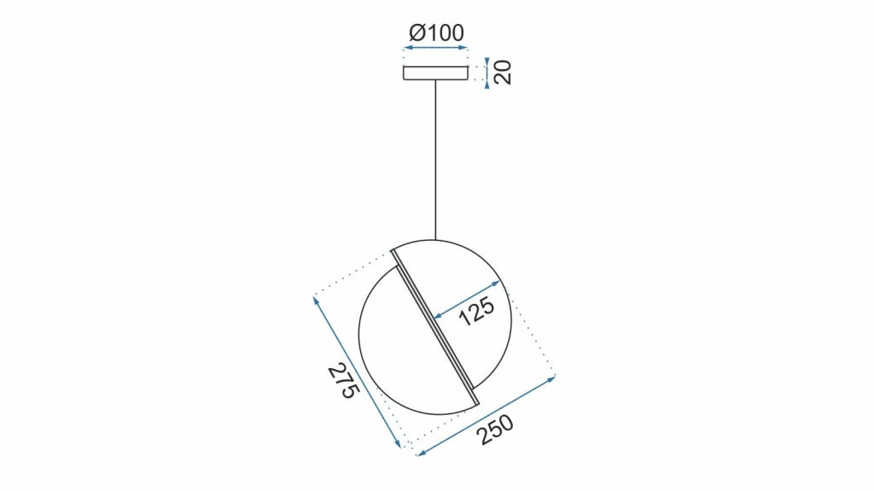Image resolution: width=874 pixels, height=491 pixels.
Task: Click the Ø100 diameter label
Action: [436, 33]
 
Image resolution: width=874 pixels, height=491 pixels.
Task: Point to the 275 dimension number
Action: [340, 382]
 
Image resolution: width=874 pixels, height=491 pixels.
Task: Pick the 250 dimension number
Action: [494, 430]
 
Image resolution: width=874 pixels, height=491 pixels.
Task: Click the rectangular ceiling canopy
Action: [435, 73]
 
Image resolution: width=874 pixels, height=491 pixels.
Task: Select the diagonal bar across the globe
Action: [435, 325]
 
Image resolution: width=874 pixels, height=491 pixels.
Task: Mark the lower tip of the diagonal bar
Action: [476, 401]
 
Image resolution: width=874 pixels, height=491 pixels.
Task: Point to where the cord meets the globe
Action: [435, 238]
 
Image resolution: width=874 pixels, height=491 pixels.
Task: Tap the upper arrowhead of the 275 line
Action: [317, 298]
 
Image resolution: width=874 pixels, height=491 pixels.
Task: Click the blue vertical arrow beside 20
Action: [487, 73]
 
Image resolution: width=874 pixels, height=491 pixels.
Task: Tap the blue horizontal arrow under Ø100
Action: [435, 49]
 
